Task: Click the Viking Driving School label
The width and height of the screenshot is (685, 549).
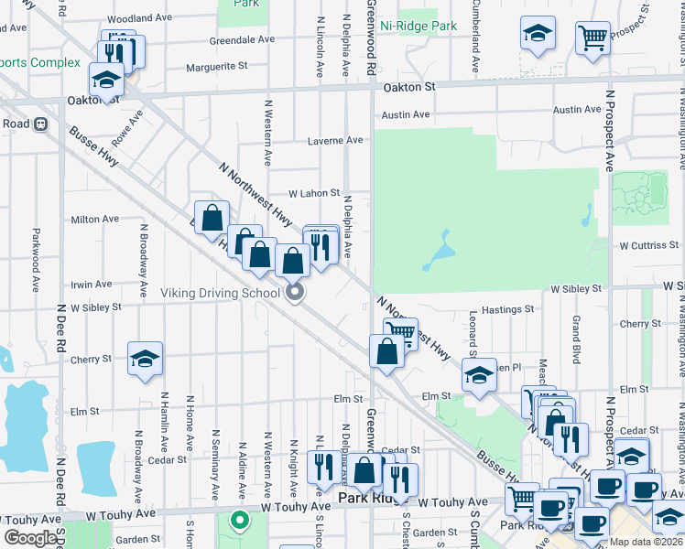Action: pos(221,294)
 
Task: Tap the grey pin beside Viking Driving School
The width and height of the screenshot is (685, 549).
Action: pos(295,293)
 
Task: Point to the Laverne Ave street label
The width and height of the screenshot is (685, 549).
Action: pos(336,141)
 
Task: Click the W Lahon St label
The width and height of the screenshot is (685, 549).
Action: pos(314,194)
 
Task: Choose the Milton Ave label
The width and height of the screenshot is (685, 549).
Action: pos(95,220)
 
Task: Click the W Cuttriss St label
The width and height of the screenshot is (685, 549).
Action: pos(649,246)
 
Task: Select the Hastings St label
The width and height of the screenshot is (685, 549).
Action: pos(507,311)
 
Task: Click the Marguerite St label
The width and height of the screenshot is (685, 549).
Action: pos(217,66)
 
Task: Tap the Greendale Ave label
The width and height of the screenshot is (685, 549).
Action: pos(242,40)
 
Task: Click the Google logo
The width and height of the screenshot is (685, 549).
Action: pos(30,538)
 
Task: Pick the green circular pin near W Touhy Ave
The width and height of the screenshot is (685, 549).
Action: pos(240,522)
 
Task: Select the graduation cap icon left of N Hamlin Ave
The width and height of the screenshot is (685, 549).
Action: pos(145,361)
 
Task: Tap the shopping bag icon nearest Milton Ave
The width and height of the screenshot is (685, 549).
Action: pos(212,220)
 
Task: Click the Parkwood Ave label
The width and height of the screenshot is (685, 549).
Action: pos(37,260)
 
